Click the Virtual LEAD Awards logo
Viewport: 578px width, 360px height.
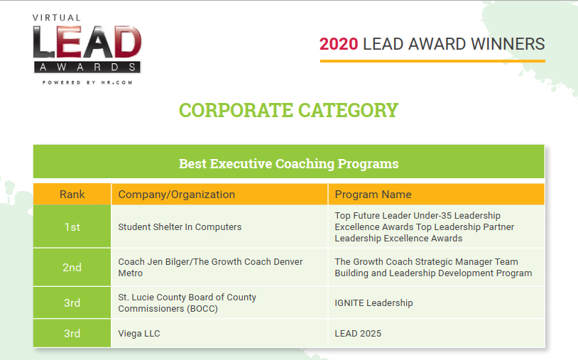(87, 50)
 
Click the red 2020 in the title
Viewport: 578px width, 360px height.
(339, 44)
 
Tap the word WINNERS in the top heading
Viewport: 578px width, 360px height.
(508, 44)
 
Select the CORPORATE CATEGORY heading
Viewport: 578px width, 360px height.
(288, 110)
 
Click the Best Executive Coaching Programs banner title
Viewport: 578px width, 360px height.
(288, 163)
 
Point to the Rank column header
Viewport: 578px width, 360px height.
(72, 194)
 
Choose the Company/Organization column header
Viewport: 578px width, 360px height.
(219, 194)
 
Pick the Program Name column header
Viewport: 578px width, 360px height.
(436, 194)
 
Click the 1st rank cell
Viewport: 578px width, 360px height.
(72, 227)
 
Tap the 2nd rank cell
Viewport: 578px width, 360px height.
(72, 267)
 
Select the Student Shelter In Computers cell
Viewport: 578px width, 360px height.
(219, 227)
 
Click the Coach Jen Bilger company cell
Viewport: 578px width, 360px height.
(219, 267)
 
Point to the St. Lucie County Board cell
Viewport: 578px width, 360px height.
(219, 302)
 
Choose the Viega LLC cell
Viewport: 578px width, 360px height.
(219, 333)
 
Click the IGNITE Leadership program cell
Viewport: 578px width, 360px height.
(436, 302)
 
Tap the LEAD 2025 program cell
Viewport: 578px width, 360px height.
(436, 333)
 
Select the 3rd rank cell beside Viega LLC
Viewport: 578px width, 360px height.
(72, 333)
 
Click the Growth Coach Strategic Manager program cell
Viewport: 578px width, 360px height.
(436, 267)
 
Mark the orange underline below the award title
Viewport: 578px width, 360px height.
(432, 61)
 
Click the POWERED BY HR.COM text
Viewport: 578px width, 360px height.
(87, 82)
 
